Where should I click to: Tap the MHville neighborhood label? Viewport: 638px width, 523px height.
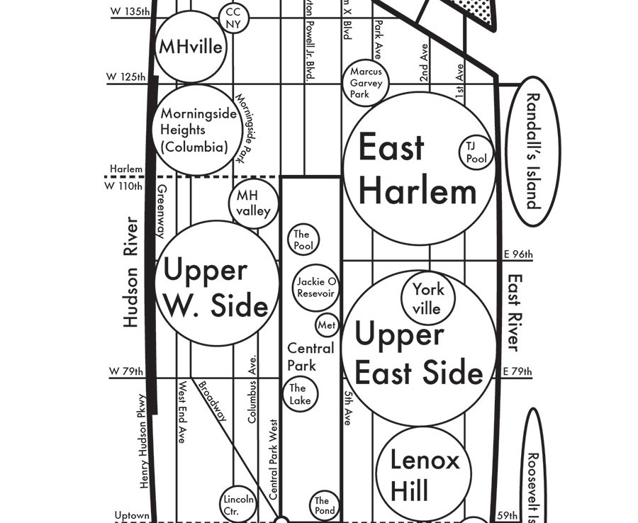[x=190, y=47]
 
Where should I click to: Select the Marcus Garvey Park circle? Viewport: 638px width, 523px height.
[x=366, y=82]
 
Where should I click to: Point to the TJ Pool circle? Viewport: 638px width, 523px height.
[x=476, y=152]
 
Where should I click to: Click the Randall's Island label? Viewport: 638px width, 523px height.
[x=533, y=151]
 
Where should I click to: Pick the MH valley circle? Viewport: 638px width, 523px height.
[x=253, y=203]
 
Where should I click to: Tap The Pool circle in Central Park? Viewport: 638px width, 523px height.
[x=303, y=240]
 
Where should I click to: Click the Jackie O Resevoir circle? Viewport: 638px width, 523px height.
[x=315, y=288]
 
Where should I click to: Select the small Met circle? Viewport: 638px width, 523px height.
[x=327, y=325]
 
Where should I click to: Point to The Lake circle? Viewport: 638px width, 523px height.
[x=300, y=394]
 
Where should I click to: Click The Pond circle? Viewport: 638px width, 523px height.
[x=322, y=505]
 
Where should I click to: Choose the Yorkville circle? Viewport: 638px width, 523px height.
[x=427, y=298]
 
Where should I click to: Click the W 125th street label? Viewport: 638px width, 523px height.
[x=126, y=77]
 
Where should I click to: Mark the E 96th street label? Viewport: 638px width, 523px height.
[x=518, y=254]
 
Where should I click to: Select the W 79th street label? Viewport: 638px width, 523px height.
[x=126, y=371]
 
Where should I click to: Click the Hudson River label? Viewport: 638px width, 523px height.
[x=131, y=272]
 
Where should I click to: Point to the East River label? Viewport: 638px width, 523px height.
[x=514, y=312]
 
